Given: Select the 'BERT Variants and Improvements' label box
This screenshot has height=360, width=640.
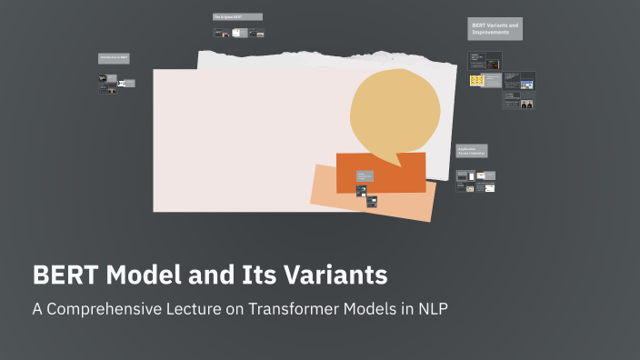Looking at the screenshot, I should click(495, 29).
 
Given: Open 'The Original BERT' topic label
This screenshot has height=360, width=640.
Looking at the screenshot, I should click(237, 17).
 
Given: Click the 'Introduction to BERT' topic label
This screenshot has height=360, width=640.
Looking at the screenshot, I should click(115, 58).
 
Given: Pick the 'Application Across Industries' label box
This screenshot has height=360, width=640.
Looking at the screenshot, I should click(472, 151).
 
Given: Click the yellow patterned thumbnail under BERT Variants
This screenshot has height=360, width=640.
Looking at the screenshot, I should click(476, 81).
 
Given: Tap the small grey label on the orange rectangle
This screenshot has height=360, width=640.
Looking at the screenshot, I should click(365, 175).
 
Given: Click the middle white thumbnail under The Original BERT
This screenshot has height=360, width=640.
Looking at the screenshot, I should click(237, 33).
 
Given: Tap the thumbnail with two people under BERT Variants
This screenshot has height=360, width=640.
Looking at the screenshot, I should click(526, 104).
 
